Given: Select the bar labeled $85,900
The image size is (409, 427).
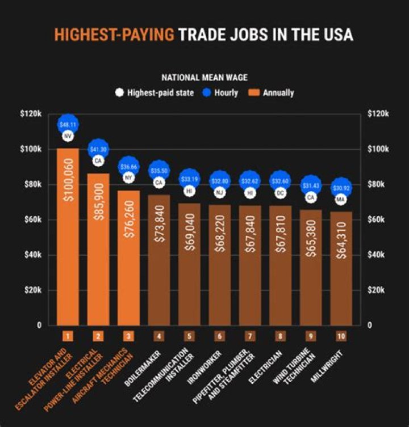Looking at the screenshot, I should coord(98,250).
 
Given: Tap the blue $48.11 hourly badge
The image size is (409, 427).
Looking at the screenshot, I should coord(68,124).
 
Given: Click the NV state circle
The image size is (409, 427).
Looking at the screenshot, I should coord(68,137).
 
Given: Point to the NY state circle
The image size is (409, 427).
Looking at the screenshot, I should coord(128,177).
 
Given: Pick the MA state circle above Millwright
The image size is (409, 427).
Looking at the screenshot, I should coord(341,200).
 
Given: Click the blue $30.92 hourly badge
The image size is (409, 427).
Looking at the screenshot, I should coord(341,187).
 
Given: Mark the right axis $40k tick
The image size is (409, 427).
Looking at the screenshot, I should coord(378,255).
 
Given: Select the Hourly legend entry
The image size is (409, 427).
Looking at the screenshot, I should coord(220,92).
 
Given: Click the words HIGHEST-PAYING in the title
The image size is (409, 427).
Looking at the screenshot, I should coord(114,35).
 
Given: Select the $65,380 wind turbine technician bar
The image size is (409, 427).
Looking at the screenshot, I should coord(311,267).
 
